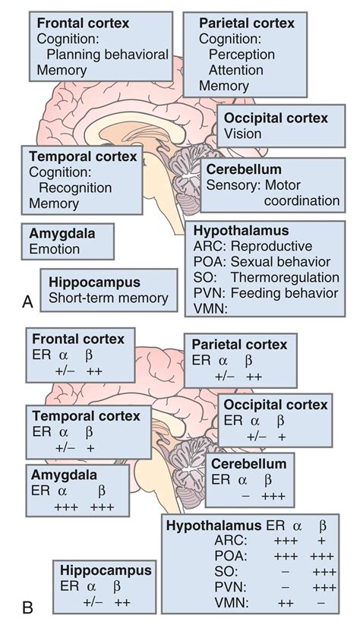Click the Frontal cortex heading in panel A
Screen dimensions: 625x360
pos(82,24)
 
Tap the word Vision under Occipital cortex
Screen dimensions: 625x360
pos(243,134)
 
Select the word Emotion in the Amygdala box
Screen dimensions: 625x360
pos(54,248)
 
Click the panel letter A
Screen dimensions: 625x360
pos(27,302)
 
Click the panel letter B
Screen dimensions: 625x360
pos(27,608)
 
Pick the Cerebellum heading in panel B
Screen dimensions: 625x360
pos(248,463)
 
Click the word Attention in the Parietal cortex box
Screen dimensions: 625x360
pos(236,70)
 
